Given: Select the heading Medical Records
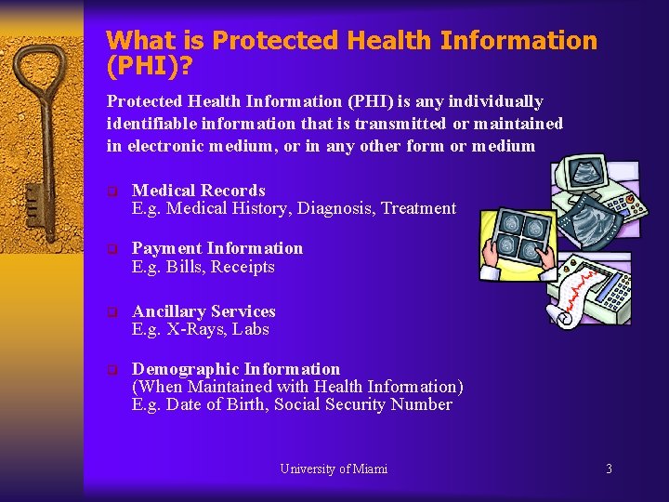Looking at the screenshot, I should point(199,191).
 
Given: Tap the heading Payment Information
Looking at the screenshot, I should point(217,248).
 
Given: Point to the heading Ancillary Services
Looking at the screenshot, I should point(203,311).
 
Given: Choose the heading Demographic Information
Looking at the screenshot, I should point(236,369).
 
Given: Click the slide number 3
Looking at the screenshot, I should point(609,469).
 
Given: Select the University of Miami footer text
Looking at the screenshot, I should point(334,469).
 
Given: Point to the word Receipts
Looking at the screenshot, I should point(243,267).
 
